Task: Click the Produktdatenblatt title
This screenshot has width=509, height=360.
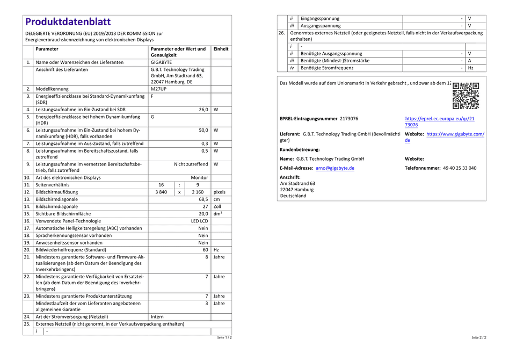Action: click(x=68, y=21)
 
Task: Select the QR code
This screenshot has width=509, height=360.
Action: click(x=466, y=96)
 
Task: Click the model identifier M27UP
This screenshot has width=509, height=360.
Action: click(x=159, y=89)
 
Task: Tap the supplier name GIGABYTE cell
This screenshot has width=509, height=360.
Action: click(x=162, y=62)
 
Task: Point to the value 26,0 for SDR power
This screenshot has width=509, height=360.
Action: click(x=203, y=110)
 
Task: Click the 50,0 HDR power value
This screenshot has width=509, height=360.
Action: click(x=203, y=130)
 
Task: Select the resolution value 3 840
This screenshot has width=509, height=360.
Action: click(x=161, y=192)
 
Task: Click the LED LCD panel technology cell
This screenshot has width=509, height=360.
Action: click(x=199, y=221)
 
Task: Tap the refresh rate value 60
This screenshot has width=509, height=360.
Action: click(x=205, y=249)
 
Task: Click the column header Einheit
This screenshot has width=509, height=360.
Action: click(x=221, y=49)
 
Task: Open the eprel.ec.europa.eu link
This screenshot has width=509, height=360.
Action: click(x=439, y=121)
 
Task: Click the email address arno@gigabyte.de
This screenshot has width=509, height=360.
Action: click(x=335, y=168)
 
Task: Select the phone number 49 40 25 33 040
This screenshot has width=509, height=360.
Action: click(x=452, y=168)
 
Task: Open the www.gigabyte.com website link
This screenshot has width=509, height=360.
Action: click(x=455, y=134)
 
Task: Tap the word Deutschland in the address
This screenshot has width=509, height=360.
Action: click(x=293, y=196)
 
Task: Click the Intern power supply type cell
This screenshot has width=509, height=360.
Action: click(x=157, y=317)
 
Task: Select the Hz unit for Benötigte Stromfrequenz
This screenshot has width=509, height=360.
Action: click(x=470, y=68)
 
